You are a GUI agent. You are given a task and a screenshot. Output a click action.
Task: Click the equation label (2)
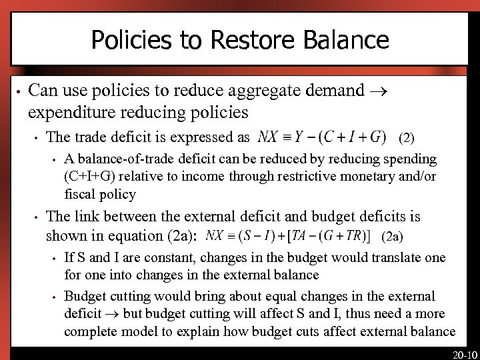pos(407,139)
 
